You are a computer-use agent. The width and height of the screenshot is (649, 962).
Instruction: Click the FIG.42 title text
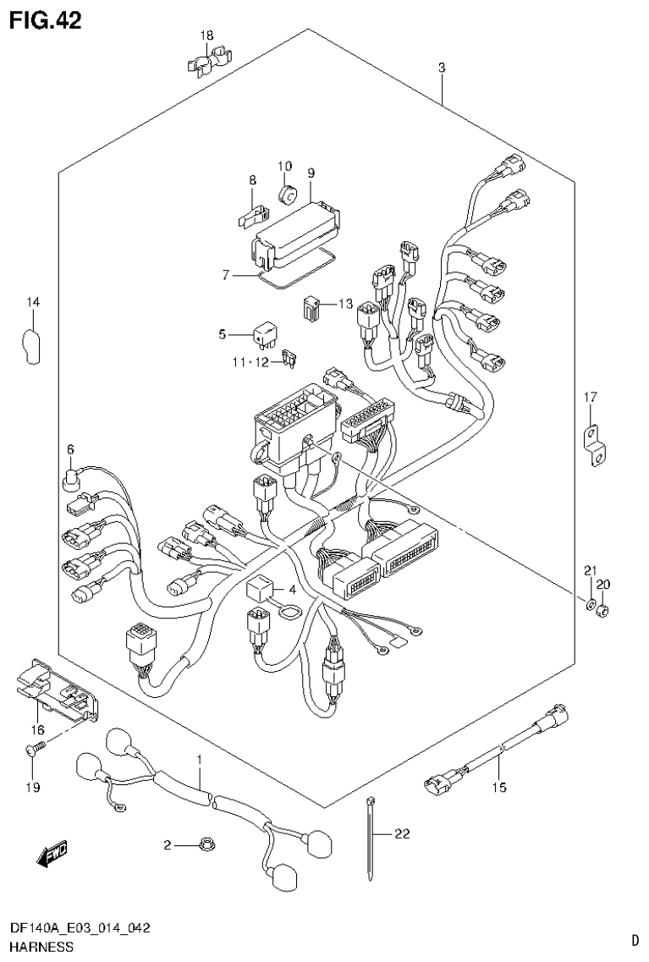coord(46,19)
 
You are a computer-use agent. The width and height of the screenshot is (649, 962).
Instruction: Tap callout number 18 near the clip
coord(206,36)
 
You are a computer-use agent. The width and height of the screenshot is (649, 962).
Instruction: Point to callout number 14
coord(32,302)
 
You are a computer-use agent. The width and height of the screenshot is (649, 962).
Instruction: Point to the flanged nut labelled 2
coord(204,844)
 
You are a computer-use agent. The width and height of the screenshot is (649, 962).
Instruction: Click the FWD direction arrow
coord(52,855)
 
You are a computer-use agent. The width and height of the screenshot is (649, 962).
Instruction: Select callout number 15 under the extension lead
coord(498,788)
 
